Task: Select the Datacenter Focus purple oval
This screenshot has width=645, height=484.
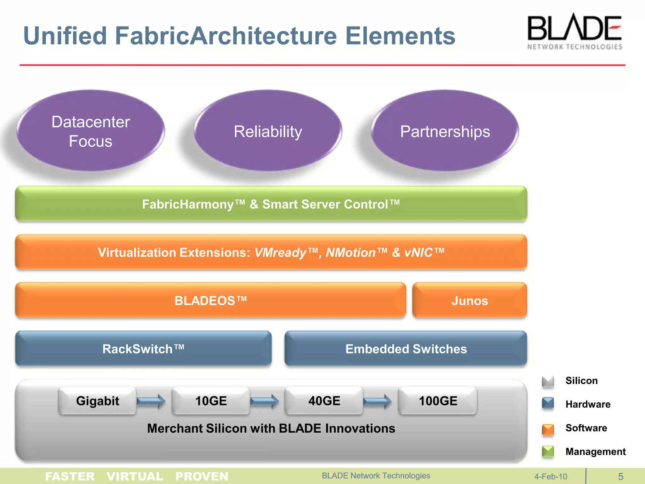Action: (x=91, y=131)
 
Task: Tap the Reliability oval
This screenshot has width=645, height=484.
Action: (x=268, y=131)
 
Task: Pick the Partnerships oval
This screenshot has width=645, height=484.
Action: (x=445, y=131)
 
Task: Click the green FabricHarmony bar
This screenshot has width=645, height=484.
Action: (x=271, y=204)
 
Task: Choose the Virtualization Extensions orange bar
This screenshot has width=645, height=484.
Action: (x=271, y=252)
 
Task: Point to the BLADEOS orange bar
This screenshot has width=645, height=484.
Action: (x=210, y=300)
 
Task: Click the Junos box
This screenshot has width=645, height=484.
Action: (x=469, y=300)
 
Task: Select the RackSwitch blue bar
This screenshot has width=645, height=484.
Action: (x=143, y=349)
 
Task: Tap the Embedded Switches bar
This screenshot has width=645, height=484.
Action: (x=406, y=349)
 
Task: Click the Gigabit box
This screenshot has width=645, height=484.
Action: (x=98, y=401)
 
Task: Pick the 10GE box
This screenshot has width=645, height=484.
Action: (x=211, y=401)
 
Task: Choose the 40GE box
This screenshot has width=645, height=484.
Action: (x=324, y=401)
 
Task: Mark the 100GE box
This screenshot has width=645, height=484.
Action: (x=438, y=401)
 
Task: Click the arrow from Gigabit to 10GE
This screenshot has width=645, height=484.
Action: (x=151, y=401)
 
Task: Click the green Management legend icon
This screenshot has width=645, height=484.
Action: (x=548, y=452)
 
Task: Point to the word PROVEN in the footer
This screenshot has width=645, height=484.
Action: (x=202, y=476)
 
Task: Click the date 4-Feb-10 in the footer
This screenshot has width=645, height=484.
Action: (x=551, y=476)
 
